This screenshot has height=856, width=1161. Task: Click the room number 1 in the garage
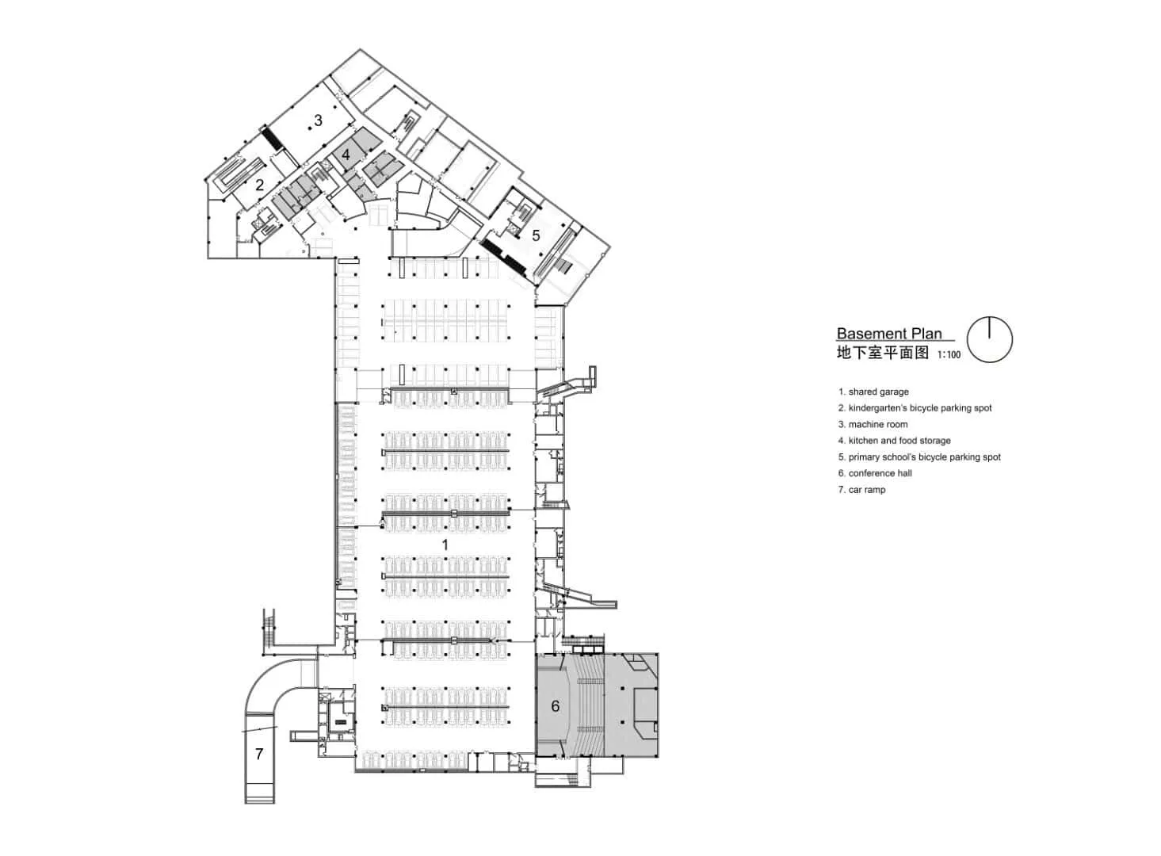pos(445,545)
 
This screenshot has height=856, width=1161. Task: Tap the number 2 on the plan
pos(259,186)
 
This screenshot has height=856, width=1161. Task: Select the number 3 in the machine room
pos(318,120)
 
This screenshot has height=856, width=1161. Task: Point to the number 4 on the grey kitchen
pos(346,155)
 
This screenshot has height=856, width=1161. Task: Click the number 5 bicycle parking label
pos(536,235)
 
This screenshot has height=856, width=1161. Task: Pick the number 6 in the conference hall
pos(555,705)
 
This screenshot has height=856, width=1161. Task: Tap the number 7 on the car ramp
pos(259,754)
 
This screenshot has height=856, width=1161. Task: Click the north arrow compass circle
pos(990,340)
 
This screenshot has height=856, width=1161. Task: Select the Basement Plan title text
pos(889,334)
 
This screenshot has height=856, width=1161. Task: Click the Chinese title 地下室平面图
pos(882,353)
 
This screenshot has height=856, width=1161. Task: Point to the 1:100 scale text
pos(949,355)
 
